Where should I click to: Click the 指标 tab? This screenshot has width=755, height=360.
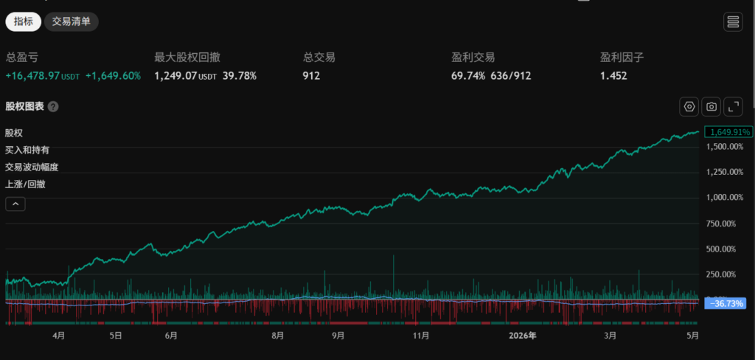click(x=23, y=21)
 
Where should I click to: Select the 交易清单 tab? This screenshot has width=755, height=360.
click(x=72, y=21)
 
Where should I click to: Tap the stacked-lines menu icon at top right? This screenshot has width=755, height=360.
click(x=733, y=21)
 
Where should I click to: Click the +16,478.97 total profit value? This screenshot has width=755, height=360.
click(x=32, y=76)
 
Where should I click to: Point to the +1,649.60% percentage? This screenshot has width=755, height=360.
click(x=113, y=76)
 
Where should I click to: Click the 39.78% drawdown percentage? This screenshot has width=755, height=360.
click(x=240, y=76)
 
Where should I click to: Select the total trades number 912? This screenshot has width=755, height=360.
click(x=312, y=76)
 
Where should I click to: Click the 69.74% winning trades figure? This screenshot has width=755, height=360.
click(x=468, y=76)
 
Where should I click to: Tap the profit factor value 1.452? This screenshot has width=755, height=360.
click(x=613, y=76)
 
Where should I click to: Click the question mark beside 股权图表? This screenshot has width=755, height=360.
click(x=53, y=106)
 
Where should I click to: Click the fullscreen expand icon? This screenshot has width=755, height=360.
click(x=734, y=106)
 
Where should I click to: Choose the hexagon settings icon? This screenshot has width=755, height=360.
click(x=689, y=106)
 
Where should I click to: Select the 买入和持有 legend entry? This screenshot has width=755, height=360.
click(x=27, y=150)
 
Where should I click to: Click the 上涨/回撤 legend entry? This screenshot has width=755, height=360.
click(x=25, y=184)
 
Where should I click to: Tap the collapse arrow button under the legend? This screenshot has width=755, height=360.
click(x=15, y=204)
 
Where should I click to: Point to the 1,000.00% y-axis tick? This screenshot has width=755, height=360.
click(x=725, y=197)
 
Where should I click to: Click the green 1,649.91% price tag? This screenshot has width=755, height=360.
click(x=728, y=131)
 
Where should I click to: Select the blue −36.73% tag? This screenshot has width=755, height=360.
click(x=726, y=303)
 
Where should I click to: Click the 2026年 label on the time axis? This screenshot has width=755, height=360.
click(x=523, y=336)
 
